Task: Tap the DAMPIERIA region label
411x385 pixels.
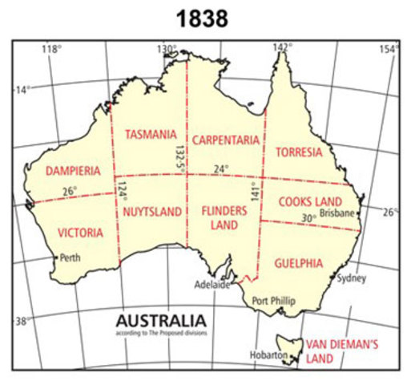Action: pyautogui.click(x=73, y=171)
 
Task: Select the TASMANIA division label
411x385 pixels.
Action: pyautogui.click(x=144, y=134)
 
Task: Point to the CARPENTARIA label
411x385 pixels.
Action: pyautogui.click(x=225, y=140)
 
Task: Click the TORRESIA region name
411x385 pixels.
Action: pyautogui.click(x=298, y=152)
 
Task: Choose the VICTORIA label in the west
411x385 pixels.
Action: pyautogui.click(x=80, y=233)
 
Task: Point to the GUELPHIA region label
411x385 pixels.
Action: pyautogui.click(x=297, y=262)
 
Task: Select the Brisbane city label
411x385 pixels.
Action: pyautogui.click(x=336, y=214)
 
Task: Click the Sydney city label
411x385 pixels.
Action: pyautogui.click(x=352, y=278)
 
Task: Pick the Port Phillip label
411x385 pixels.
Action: pyautogui.click(x=274, y=300)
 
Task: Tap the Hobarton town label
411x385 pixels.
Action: pyautogui.click(x=268, y=354)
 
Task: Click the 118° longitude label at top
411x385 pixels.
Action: pyautogui.click(x=51, y=49)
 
